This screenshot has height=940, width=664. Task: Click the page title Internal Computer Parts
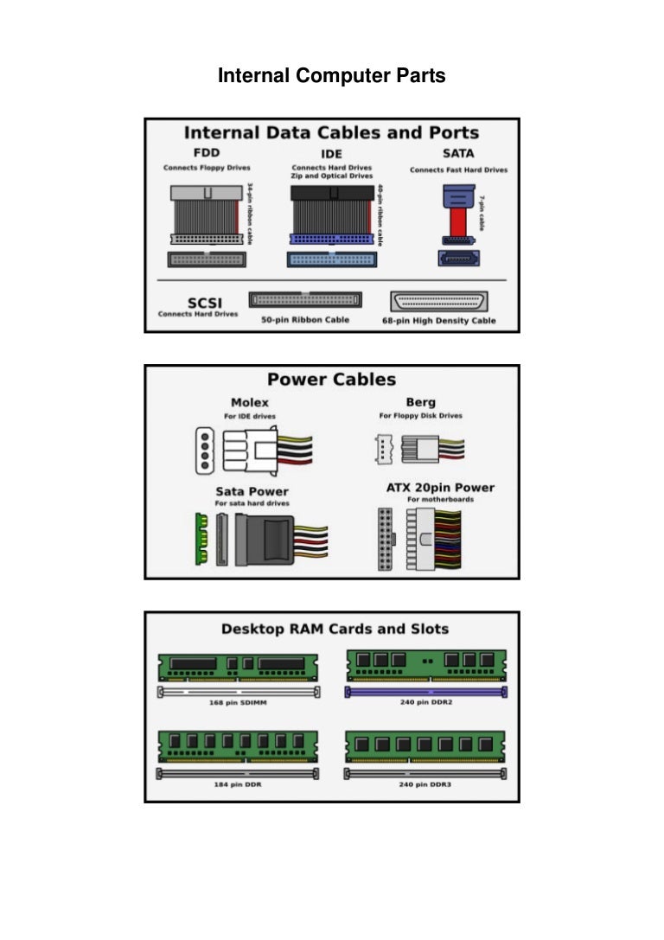[x=331, y=76]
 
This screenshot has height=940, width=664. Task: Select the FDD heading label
[x=207, y=153]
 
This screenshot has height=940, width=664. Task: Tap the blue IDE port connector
[x=332, y=259]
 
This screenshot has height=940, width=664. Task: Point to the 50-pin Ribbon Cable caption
[x=305, y=319]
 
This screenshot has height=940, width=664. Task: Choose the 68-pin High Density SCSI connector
[x=439, y=301]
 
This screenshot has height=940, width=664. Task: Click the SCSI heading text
[x=197, y=303]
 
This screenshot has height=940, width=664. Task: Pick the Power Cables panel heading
[x=331, y=380]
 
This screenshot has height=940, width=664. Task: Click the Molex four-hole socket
[x=203, y=450]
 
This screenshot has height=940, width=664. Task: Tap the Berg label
[x=420, y=402]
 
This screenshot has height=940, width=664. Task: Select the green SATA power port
[x=201, y=539]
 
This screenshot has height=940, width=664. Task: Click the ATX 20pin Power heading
[x=440, y=488]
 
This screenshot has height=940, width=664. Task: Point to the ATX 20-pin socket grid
[x=386, y=539]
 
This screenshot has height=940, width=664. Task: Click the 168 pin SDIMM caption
[x=238, y=702]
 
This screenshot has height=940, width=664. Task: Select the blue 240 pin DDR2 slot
[x=426, y=692]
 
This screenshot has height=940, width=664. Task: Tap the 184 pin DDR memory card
[x=238, y=745]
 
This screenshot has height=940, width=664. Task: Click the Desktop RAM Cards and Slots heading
[x=335, y=629]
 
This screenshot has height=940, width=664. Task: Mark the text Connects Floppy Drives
[x=207, y=168]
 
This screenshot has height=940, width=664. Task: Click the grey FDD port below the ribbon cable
[x=207, y=259]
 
